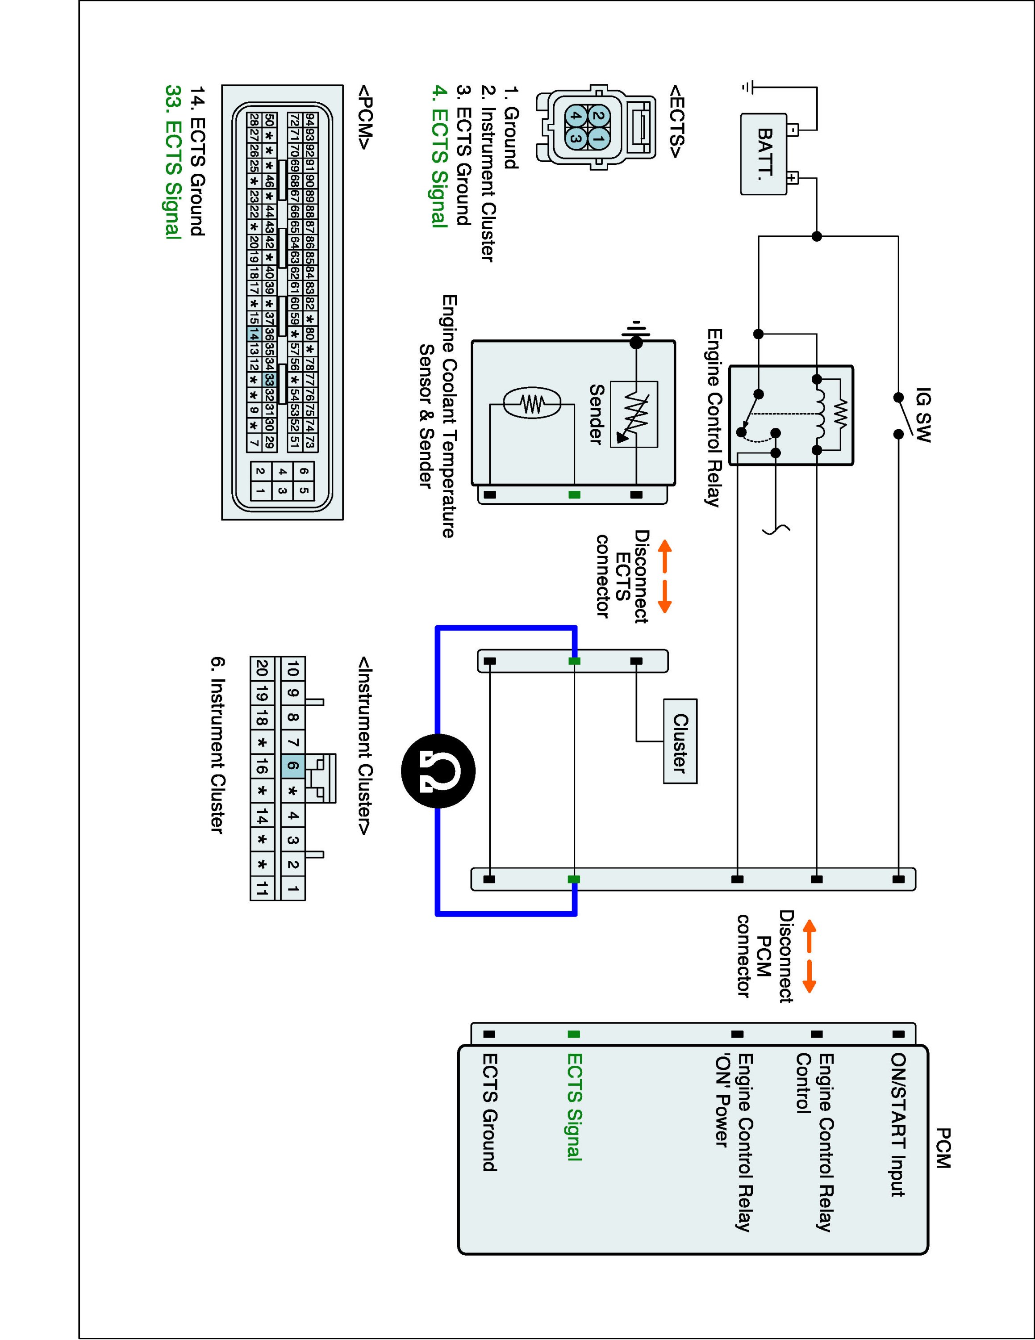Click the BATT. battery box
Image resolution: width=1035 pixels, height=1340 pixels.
(764, 154)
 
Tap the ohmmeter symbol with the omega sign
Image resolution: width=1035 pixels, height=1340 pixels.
(438, 770)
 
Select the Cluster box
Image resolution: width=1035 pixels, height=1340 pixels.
(680, 741)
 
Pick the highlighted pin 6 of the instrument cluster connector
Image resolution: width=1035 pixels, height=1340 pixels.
(292, 766)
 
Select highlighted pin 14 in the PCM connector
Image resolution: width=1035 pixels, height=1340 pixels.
(253, 334)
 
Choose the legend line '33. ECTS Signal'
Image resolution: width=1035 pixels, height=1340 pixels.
(174, 161)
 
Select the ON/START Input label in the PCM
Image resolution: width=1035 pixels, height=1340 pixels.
(898, 1125)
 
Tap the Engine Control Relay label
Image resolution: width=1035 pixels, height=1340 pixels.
(713, 418)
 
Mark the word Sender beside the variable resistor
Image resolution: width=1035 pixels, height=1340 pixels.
(596, 414)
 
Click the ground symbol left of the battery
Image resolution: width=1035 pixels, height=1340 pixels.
(747, 87)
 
